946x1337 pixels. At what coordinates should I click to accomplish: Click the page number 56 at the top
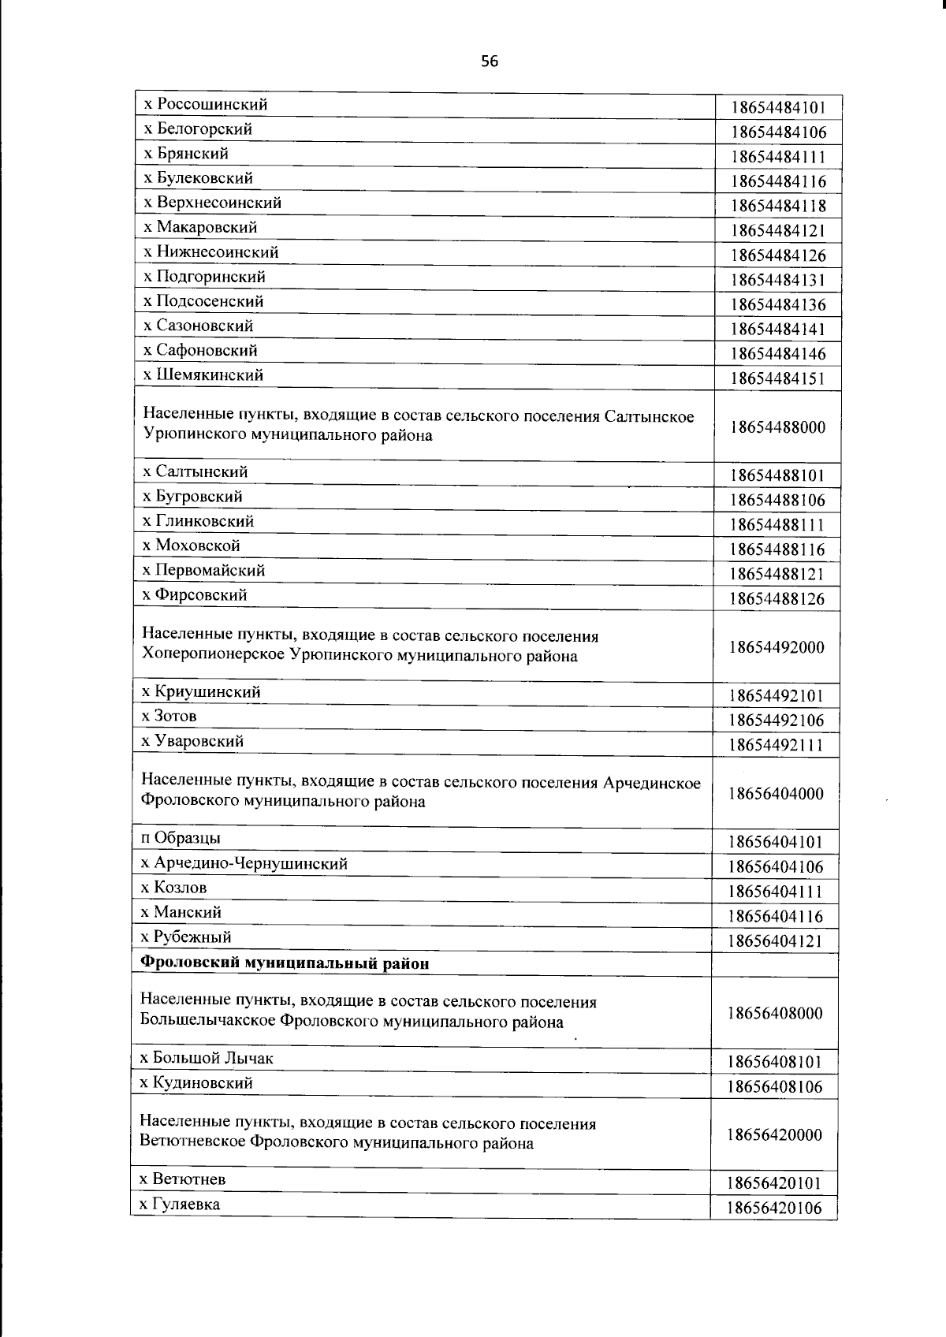click(x=490, y=61)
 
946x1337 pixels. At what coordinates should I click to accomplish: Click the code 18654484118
click(x=777, y=207)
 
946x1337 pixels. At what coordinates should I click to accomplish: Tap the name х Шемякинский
click(x=203, y=375)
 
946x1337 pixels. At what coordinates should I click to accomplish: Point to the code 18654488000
click(x=777, y=427)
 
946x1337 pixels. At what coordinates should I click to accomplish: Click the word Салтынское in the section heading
click(x=650, y=415)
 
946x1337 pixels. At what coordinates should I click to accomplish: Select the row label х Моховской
click(x=191, y=546)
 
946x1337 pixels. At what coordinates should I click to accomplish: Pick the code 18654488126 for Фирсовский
click(x=777, y=599)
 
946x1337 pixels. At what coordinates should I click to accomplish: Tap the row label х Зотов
click(x=169, y=717)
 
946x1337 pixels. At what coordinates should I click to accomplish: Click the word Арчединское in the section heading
click(x=652, y=782)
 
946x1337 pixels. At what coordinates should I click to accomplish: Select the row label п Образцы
click(x=181, y=838)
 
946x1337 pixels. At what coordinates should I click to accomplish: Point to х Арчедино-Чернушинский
click(x=244, y=863)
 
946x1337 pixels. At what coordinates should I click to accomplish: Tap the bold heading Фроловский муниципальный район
click(x=285, y=963)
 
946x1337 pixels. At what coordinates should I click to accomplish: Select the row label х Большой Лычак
click(x=207, y=1059)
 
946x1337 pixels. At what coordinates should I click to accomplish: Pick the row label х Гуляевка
click(x=180, y=1205)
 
